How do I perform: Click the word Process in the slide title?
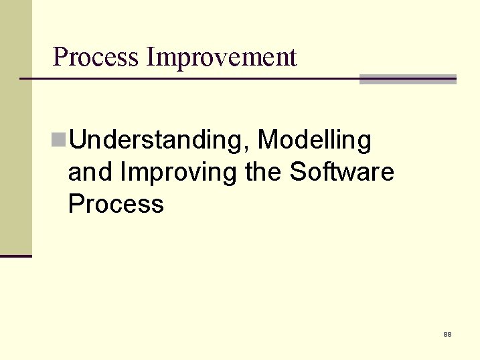coord(96,58)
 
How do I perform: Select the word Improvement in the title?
coord(222,58)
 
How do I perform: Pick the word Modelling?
coord(314,141)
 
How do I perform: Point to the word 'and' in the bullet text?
coord(90,172)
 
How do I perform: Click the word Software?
coord(341,172)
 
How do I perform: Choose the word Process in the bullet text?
coord(116,204)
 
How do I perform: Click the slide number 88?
coord(447,333)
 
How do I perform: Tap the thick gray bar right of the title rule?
coord(408,79)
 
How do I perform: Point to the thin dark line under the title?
coord(187,79)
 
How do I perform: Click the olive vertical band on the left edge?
coord(15,127)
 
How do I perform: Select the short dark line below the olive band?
coord(15,256)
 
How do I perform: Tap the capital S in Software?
coord(297,172)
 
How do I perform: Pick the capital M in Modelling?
coord(268,140)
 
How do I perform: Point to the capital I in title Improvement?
coord(151,58)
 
